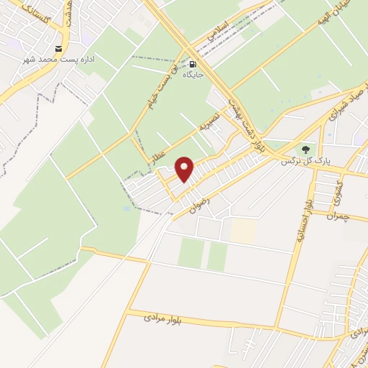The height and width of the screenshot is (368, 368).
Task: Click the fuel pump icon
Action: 193,63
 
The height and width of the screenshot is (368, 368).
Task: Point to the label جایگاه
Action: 193,74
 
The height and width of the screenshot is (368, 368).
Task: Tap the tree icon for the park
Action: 307,149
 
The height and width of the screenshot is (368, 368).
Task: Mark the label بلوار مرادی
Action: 162,317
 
